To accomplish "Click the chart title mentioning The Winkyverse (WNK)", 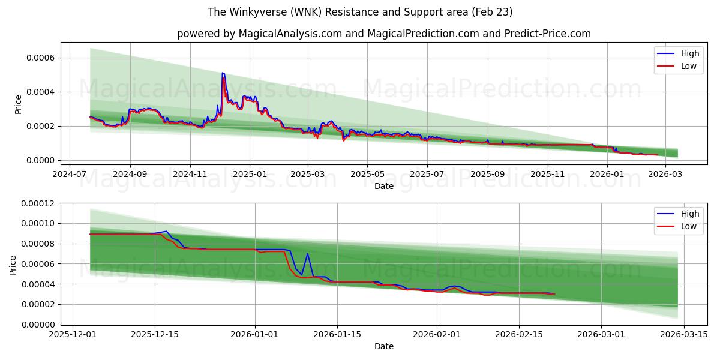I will click(x=360, y=12).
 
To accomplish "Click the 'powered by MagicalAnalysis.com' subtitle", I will click(x=384, y=34).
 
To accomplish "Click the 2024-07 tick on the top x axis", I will click(x=70, y=173).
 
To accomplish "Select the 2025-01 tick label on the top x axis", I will click(x=249, y=173).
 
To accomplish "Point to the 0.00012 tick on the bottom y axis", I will click(x=37, y=203).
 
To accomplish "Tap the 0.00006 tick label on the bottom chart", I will click(x=37, y=264).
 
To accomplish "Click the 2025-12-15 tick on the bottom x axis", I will click(x=155, y=335).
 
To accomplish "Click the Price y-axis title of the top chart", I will click(x=18, y=104).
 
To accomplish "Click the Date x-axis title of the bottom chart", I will click(x=384, y=346).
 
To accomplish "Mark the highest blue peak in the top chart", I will click(x=223, y=73).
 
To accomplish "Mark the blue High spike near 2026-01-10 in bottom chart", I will click(x=307, y=253).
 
